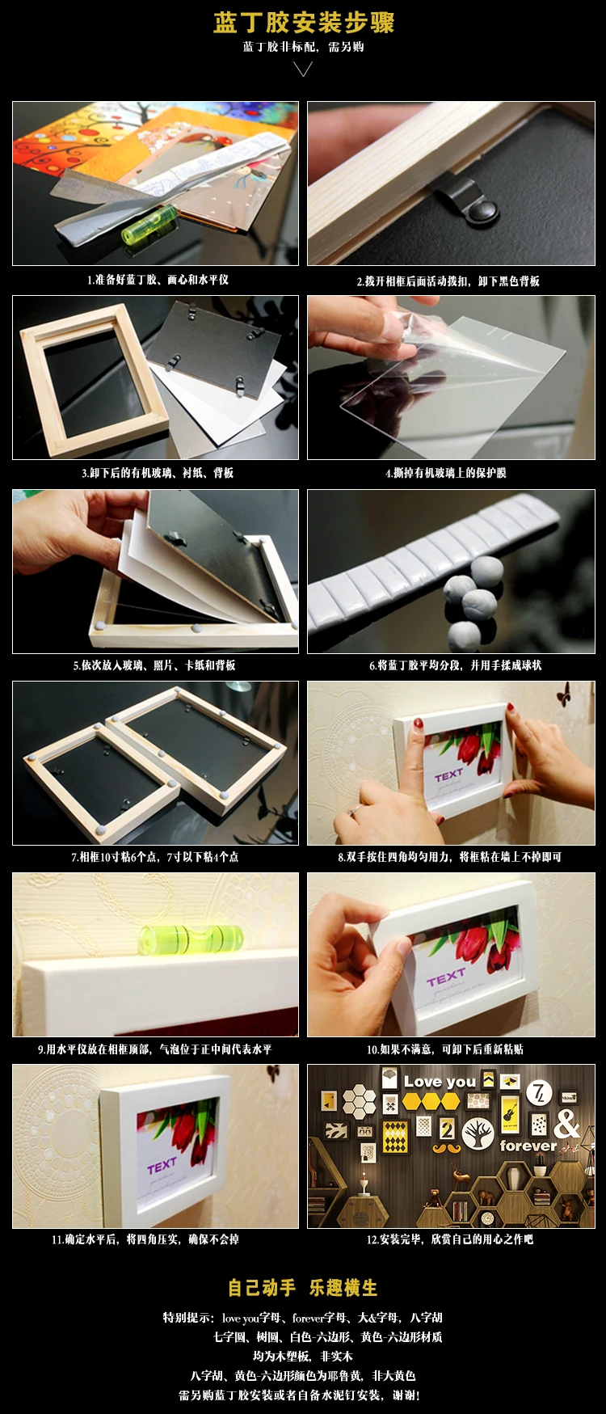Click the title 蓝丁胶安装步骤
[304, 23]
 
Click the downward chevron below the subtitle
[303, 70]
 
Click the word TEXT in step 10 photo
[446, 978]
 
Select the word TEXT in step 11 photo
[162, 1166]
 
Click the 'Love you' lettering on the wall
[440, 1082]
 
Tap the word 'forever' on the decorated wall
[528, 1146]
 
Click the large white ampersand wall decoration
[567, 1123]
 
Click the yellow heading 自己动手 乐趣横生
[303, 1288]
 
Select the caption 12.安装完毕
[450, 1239]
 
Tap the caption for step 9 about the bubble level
[155, 1049]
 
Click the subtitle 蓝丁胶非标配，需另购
[304, 47]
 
